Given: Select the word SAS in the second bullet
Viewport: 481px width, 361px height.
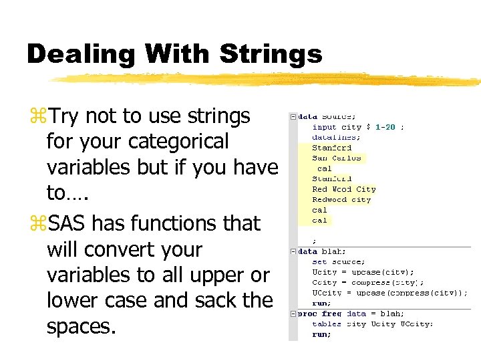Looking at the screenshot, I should pos(71,223).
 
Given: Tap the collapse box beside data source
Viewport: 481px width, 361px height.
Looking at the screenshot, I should pos(293,116).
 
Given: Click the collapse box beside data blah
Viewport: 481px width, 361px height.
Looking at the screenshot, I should pos(293,251).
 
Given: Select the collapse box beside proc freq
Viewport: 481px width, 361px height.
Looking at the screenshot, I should pos(293,314).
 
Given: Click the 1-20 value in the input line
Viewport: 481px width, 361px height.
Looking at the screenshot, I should pos(386,126).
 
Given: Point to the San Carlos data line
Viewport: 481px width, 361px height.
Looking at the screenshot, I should pos(337,158).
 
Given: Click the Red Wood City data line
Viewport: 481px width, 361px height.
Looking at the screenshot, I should pos(344,189).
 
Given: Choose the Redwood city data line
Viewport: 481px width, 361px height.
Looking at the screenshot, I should pos(341,199).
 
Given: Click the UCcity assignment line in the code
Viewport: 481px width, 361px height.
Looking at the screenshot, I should pos(389,293).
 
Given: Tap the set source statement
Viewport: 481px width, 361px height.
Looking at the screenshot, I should pos(339,262).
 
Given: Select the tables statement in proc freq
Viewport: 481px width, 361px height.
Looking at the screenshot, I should pos(372,324).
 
